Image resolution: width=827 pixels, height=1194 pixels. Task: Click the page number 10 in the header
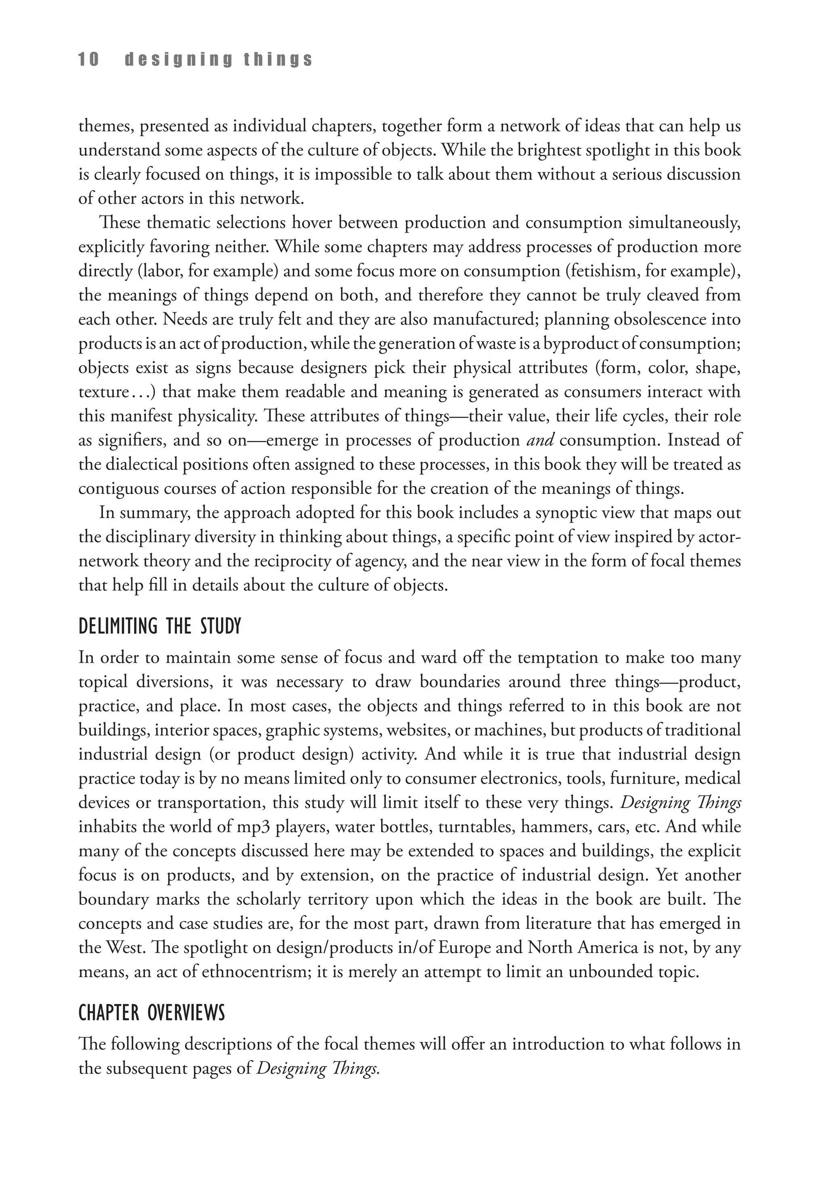(x=88, y=60)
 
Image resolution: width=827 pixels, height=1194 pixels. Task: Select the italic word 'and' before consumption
(x=540, y=441)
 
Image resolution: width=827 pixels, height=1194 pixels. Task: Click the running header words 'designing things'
(x=219, y=60)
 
